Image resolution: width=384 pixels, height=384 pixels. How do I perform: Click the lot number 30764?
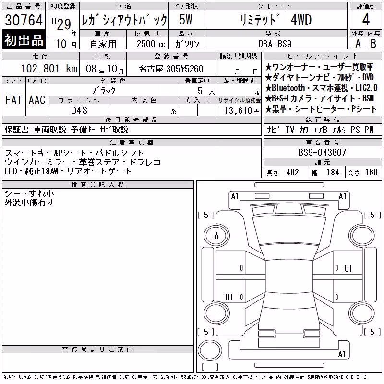point(24,20)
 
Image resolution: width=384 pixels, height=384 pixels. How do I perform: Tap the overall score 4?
point(366,20)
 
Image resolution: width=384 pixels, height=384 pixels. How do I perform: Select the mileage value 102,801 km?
point(49,69)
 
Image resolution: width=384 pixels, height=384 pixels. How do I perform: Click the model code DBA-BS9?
point(275,44)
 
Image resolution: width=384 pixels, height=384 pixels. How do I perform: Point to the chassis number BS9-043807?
point(322,152)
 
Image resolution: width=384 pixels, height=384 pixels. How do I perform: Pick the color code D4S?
point(79,110)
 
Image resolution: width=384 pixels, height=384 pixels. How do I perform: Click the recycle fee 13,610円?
point(242,111)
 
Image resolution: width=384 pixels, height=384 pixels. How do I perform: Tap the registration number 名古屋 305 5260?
point(171,69)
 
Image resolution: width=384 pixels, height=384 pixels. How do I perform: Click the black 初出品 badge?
point(24,39)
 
